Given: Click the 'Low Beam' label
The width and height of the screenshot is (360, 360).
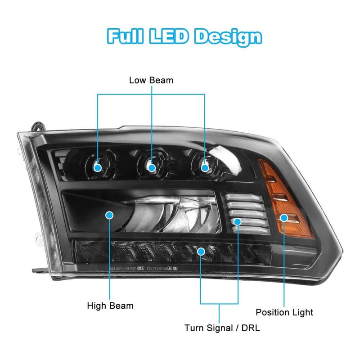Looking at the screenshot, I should click(151, 80).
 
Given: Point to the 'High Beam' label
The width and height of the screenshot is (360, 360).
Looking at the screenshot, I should click(110, 306).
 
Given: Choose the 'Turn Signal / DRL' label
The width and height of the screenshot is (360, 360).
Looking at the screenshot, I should click(222, 328).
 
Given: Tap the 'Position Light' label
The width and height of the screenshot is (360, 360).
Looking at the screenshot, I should click(284, 312).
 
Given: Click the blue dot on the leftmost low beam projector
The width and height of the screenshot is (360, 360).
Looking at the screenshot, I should click(98, 167).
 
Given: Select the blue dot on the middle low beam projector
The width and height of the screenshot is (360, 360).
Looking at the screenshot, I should click(152, 168).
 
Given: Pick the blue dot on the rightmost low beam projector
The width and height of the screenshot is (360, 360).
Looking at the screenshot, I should click(205, 167).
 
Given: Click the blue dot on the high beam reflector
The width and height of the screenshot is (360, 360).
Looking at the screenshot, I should click(109, 216).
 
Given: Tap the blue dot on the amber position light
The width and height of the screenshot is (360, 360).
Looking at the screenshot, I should click(284, 218).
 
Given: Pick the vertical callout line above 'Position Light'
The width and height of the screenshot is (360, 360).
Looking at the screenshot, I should click(284, 265).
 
